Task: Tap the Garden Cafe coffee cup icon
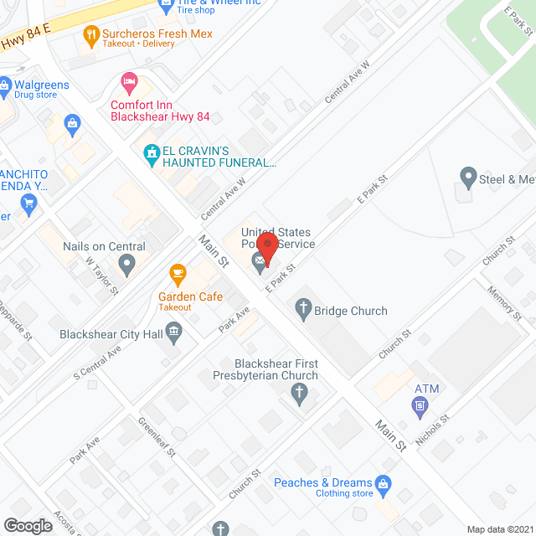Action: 178,274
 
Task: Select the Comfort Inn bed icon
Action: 129,83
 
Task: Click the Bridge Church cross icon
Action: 303,311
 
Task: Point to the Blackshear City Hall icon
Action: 174,334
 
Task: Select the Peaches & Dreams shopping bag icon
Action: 384,483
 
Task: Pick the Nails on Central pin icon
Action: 126,266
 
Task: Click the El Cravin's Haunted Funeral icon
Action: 152,154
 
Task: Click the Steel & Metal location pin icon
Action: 468,178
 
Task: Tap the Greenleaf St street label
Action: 157,436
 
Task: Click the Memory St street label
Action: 505,303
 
